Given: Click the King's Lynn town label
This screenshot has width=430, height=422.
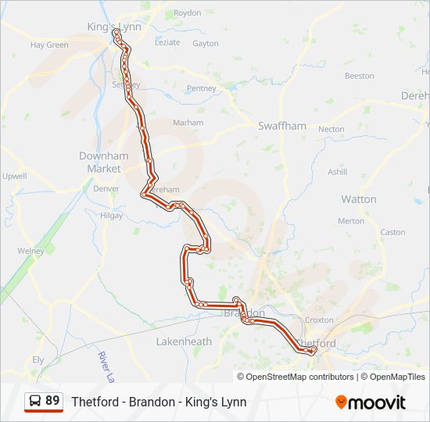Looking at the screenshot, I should click(114, 27).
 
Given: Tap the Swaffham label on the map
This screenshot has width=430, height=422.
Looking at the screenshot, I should click(282, 125).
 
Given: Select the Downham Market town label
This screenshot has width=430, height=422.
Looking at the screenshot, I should click(100, 162).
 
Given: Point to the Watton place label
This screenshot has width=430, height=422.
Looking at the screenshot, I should click(358, 199).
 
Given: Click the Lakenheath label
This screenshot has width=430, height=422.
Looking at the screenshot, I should click(184, 342).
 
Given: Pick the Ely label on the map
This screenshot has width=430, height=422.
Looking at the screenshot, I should click(38, 359).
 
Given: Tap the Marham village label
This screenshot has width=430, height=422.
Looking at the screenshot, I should click(188, 123).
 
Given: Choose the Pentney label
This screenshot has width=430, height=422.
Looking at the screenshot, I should click(201, 88).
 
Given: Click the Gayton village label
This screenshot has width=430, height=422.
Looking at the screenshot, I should click(205, 44).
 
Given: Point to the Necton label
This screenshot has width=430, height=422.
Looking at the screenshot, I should click(331, 129).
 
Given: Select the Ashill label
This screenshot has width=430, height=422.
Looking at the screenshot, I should click(337, 172).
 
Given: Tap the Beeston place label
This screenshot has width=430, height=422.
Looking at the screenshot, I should click(360, 76).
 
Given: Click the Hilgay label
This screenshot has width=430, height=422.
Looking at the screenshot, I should click(112, 215).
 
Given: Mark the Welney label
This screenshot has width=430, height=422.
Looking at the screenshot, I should click(31, 251).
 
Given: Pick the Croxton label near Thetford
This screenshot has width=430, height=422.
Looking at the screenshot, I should click(320, 320).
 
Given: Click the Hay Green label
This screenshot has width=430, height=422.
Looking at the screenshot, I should click(49, 45).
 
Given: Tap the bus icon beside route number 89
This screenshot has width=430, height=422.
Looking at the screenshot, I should click(35, 402).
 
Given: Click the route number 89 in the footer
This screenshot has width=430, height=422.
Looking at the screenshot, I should click(52, 401).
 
